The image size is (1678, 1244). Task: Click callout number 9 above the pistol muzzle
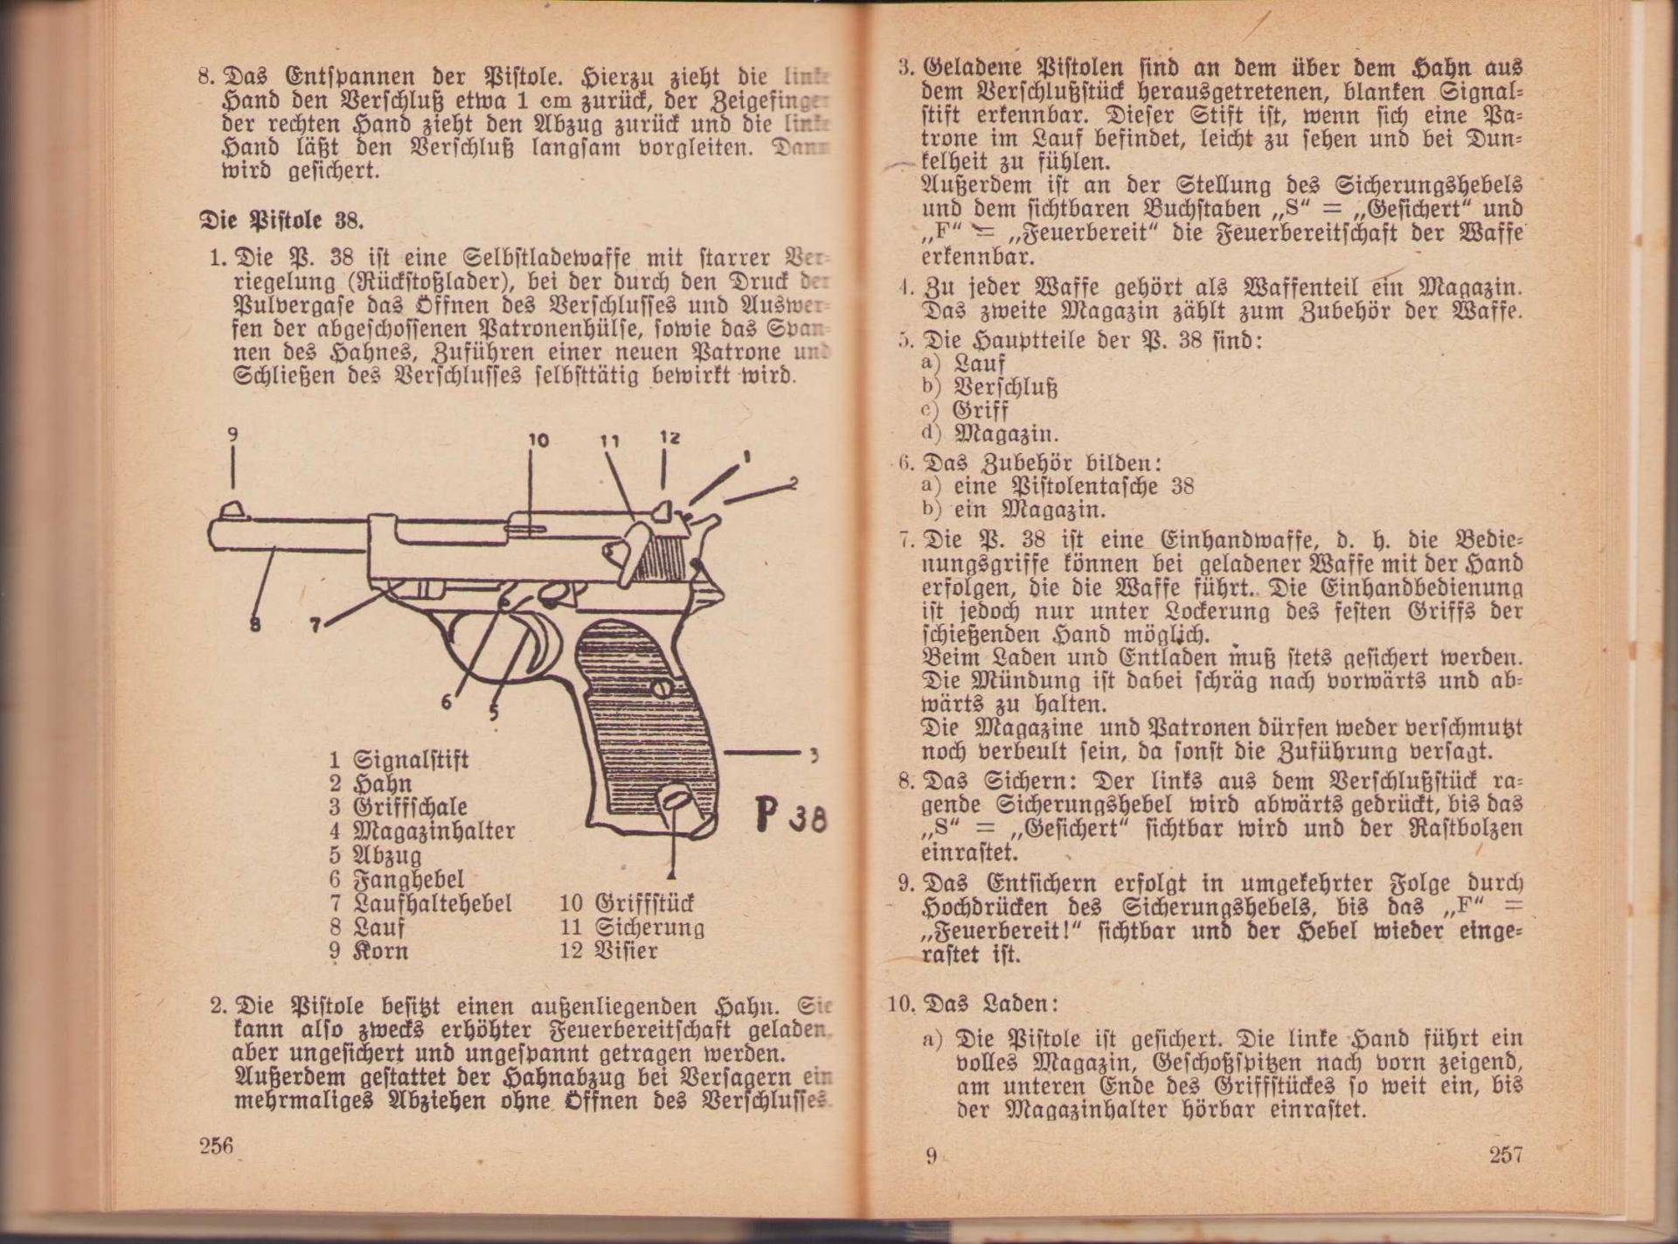(232, 434)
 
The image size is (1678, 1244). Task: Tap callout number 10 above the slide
(538, 440)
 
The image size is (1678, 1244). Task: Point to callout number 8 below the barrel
(254, 625)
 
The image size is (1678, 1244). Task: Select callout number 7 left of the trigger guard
(315, 624)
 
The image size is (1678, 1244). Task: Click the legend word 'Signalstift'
(411, 759)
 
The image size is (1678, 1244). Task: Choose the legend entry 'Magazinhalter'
(433, 830)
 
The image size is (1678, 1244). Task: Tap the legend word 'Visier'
(626, 950)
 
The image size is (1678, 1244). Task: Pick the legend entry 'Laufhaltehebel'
(433, 903)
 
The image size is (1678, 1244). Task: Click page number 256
(216, 1146)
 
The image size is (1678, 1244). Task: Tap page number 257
(1505, 1154)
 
